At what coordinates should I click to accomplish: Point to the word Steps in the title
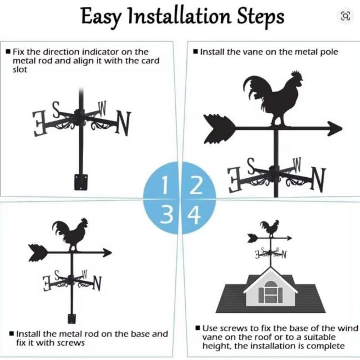pyautogui.click(x=261, y=17)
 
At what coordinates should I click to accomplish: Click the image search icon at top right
pyautogui.click(x=345, y=17)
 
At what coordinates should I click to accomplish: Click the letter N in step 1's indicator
pyautogui.click(x=123, y=123)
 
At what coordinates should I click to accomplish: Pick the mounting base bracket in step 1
pyautogui.click(x=80, y=181)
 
